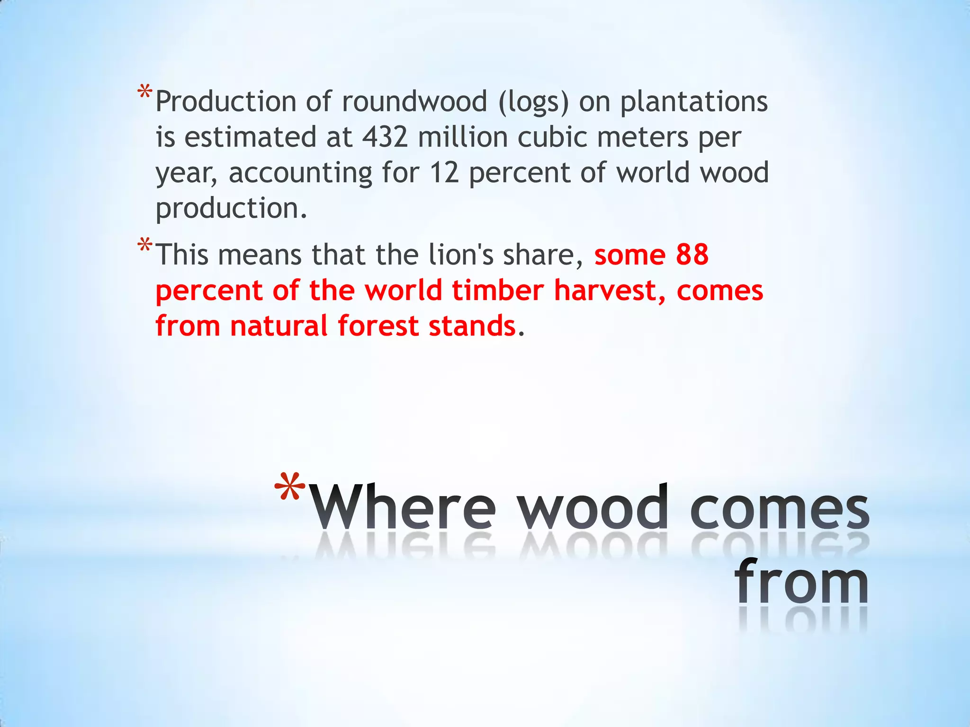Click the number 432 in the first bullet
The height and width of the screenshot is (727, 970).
coord(385,137)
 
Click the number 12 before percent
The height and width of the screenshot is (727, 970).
coord(444,173)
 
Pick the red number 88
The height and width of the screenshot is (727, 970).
coord(692,255)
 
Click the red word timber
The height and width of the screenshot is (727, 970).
coord(497,290)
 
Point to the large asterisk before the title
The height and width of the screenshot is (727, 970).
coord(291,488)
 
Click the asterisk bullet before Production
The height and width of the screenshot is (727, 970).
coord(145,92)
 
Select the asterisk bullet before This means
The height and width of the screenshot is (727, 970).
coord(145,246)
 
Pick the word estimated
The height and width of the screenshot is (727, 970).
coord(250,137)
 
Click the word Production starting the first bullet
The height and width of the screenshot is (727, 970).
coord(226,102)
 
